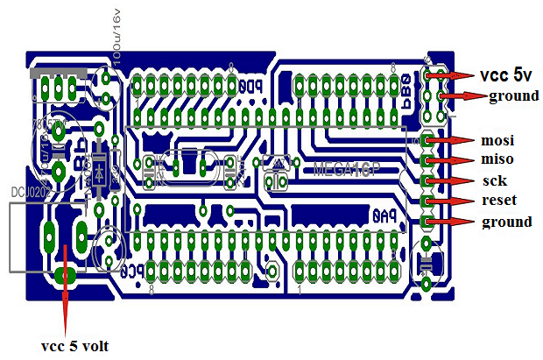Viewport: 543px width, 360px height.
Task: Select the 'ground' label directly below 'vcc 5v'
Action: [x=513, y=95]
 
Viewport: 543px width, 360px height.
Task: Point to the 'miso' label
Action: [x=497, y=159]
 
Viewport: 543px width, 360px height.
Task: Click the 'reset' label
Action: [x=497, y=201]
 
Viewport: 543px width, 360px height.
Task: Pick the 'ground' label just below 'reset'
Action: [x=507, y=222]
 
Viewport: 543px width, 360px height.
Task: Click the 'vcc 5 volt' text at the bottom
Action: [x=75, y=344]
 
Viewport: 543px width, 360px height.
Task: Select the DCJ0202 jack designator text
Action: [x=27, y=189]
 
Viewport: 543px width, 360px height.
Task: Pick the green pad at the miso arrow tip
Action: [x=427, y=159]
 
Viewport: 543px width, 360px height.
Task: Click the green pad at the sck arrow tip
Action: [x=427, y=180]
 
